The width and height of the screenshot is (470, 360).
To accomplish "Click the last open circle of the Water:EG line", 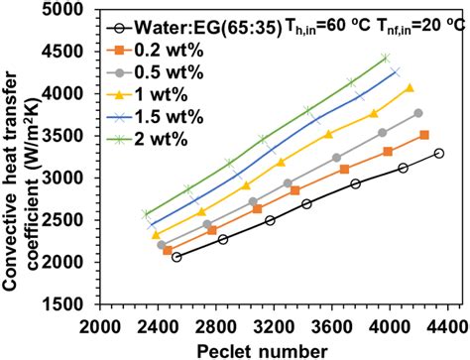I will [x=439, y=153].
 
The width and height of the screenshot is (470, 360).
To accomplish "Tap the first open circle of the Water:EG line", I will [x=176, y=257].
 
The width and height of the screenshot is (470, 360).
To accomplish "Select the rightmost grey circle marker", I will [x=417, y=113].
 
